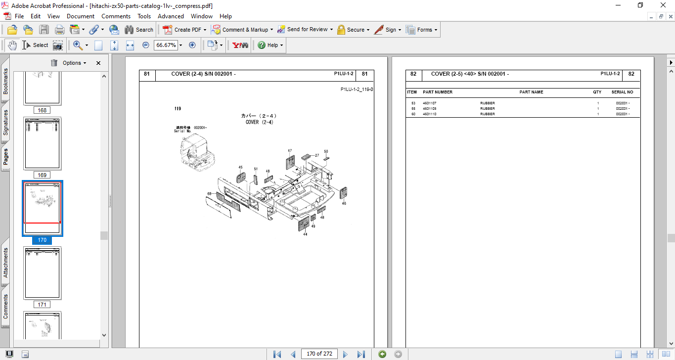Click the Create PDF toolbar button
(x=184, y=30)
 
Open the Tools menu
(x=144, y=16)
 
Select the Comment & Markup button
(x=241, y=30)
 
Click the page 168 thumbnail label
(x=42, y=110)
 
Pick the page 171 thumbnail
(x=43, y=273)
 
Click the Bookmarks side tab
(x=5, y=81)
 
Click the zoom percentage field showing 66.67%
(x=166, y=45)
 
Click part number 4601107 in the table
(x=429, y=103)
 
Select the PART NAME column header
(x=531, y=92)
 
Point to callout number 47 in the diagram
(x=290, y=151)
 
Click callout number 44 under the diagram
(x=305, y=234)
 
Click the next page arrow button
(x=345, y=354)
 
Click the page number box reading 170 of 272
(x=319, y=354)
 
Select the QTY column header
(x=597, y=92)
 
